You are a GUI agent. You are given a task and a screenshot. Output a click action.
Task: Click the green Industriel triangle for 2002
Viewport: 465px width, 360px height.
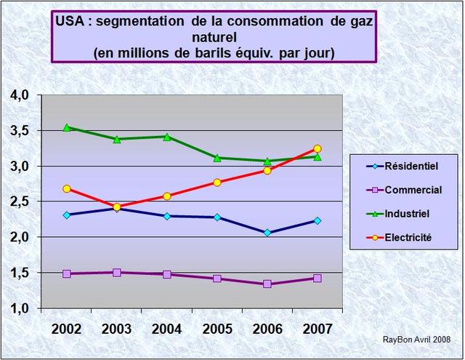click(67, 127)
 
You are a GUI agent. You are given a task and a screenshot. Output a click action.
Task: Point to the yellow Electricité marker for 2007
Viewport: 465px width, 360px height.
click(318, 149)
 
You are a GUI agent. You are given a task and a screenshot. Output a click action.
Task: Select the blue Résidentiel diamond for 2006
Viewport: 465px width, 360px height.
click(267, 233)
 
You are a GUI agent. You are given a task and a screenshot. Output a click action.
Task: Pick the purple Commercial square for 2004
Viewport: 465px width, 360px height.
click(167, 274)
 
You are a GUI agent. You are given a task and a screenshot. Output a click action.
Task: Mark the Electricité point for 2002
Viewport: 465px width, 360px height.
click(67, 189)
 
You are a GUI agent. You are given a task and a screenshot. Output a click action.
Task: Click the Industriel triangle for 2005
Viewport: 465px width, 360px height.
click(217, 158)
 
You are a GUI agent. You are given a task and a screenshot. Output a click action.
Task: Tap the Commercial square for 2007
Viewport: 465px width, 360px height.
click(318, 278)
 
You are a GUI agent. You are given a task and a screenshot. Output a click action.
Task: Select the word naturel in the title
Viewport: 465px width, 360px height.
click(214, 37)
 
